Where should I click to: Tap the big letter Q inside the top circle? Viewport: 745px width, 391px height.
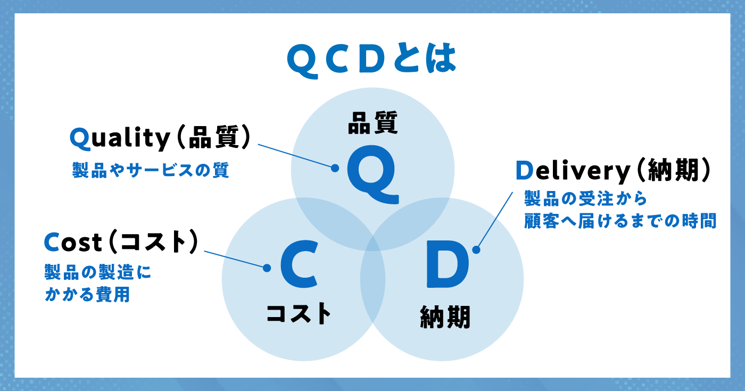372,174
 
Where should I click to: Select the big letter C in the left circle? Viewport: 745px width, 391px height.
299,265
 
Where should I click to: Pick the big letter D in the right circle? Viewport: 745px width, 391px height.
448,265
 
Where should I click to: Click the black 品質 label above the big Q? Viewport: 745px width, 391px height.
373,123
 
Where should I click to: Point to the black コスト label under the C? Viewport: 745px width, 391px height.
299,313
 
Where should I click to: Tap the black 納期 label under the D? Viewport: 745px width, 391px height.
445,317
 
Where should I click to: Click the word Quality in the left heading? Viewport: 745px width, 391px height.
120,138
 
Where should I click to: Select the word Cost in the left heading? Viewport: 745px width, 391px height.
73,242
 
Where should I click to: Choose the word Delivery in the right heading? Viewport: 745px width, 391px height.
573,171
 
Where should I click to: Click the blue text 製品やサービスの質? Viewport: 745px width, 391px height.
151,170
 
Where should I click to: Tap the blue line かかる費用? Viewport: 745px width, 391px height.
87,295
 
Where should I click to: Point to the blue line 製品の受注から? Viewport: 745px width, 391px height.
585,199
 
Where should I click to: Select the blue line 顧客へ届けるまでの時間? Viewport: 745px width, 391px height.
620,221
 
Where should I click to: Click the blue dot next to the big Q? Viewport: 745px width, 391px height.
335,168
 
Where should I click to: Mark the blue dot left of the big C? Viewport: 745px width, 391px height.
267,268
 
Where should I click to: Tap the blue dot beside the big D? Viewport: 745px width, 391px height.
476,249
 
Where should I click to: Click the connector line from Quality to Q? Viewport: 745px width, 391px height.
296,156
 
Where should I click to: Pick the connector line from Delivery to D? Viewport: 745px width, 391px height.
494,221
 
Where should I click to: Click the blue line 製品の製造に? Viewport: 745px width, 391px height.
98,272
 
